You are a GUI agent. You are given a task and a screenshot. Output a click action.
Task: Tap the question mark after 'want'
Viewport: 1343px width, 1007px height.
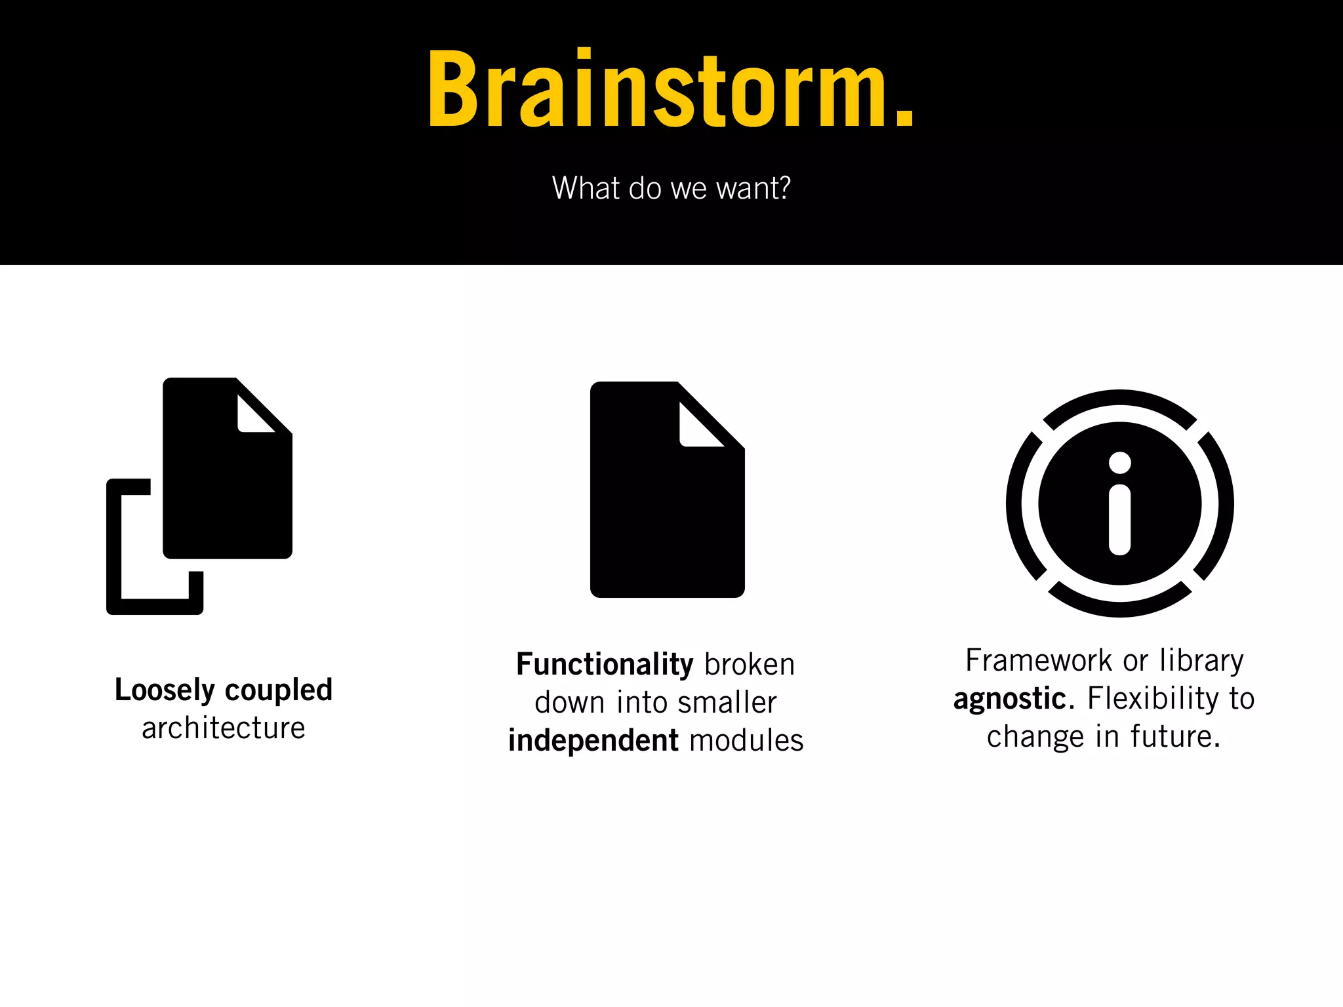pos(782,188)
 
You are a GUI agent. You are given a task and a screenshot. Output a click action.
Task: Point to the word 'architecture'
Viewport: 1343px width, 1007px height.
pos(224,728)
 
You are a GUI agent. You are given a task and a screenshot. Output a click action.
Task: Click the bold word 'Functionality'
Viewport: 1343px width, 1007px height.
pos(604,665)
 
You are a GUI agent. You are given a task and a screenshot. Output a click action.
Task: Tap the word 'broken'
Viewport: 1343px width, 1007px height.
pos(750,665)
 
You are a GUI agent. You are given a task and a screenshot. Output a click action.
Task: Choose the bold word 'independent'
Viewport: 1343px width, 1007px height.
pos(593,741)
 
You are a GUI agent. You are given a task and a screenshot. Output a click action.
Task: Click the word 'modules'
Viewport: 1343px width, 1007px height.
pos(746,741)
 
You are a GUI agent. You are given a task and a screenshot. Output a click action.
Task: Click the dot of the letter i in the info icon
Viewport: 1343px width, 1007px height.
pos(1119,463)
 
